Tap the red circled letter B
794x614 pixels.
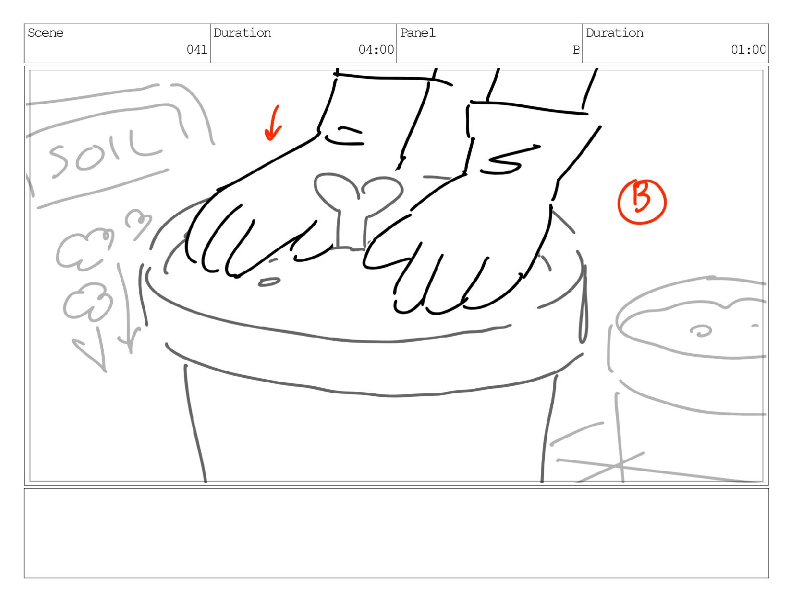click(642, 202)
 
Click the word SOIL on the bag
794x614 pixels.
click(104, 153)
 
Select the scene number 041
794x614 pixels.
click(197, 49)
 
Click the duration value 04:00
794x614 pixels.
click(376, 49)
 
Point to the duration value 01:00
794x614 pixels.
click(748, 49)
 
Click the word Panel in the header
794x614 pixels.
click(418, 33)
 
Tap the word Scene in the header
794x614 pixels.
click(46, 33)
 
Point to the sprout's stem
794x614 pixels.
click(351, 230)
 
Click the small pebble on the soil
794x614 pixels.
click(269, 282)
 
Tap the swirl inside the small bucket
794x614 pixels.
click(700, 331)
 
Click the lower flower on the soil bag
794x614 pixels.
click(88, 300)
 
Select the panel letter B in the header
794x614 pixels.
click(576, 50)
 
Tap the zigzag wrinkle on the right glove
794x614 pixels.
click(510, 160)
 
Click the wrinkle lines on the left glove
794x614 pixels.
click(345, 136)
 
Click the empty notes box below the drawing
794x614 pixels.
click(396, 533)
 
